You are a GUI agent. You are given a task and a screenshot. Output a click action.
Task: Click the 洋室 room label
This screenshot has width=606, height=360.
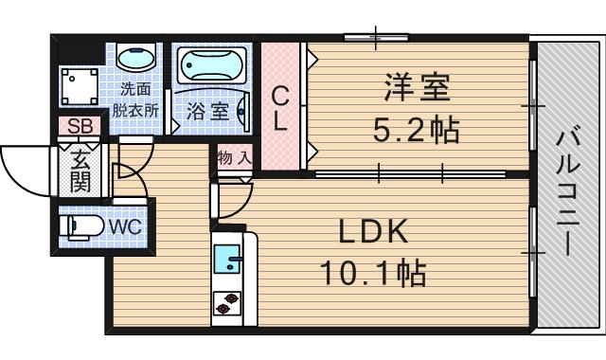pos(418,90)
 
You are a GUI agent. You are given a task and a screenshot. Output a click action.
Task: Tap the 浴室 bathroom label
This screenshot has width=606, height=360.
pos(206,110)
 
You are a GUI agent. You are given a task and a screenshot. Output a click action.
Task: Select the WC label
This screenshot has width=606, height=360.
pos(125,227)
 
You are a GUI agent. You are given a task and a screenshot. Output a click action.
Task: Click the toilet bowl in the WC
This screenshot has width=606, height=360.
pos(79,227)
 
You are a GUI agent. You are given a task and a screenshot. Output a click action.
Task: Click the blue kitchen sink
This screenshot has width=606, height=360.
pos(228,258)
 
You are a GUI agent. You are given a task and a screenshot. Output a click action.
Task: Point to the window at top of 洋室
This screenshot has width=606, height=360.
pos(376,38)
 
